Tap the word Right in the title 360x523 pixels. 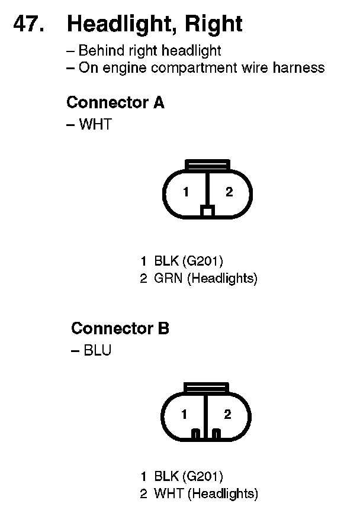pos(214,24)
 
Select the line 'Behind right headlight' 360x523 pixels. pos(149,51)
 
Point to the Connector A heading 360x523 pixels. pos(115,102)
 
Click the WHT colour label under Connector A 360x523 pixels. pos(95,125)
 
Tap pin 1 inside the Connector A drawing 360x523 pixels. pos(185,192)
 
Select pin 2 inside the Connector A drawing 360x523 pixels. pos(229,192)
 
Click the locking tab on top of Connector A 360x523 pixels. pos(207,164)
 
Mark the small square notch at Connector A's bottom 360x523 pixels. pos(207,211)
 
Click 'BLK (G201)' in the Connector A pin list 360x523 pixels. pos(188,261)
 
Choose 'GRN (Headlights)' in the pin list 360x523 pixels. pos(205,278)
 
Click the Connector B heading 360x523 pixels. pos(120,328)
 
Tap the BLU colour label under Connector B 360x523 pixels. pos(97,350)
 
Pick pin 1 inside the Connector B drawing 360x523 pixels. pos(185,414)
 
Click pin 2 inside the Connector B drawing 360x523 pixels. pos(228,414)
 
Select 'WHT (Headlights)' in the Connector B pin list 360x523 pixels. pos(205,493)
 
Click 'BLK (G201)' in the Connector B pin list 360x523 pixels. pos(188,476)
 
